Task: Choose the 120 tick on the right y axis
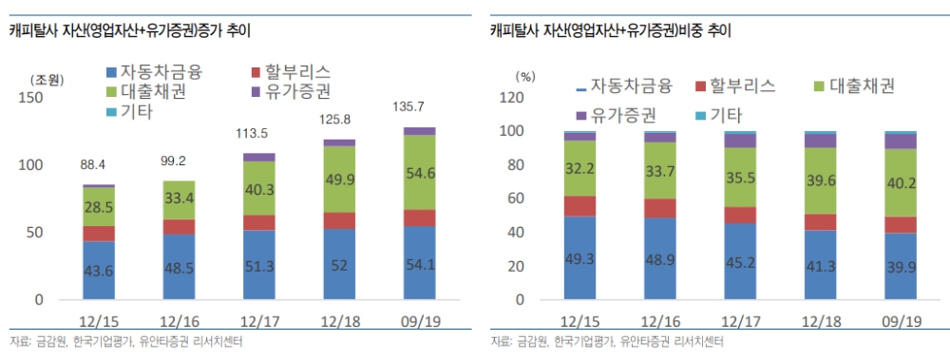(513, 97)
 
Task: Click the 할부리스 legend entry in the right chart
(736, 86)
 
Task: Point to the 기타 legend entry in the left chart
(129, 112)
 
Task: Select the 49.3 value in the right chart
(579, 259)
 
